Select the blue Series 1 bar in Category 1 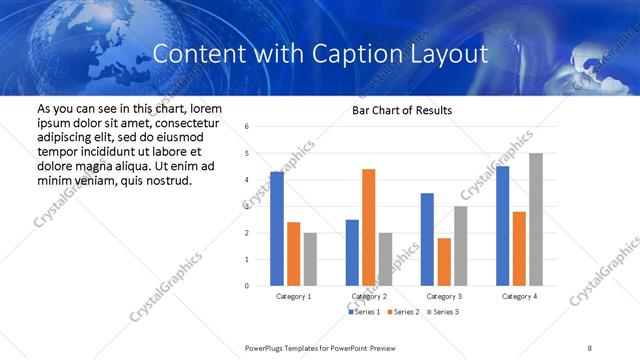coord(276,229)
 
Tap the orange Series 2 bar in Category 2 coord(368,228)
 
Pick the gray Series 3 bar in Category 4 coord(536,220)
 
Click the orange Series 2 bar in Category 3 coord(444,262)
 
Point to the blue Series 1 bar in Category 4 coord(502,226)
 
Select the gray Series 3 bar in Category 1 coord(310,259)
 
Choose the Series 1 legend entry coord(364,312)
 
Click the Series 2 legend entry coord(403,312)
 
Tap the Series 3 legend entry coord(443,312)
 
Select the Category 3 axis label coord(444,297)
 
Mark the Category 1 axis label coord(293,297)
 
